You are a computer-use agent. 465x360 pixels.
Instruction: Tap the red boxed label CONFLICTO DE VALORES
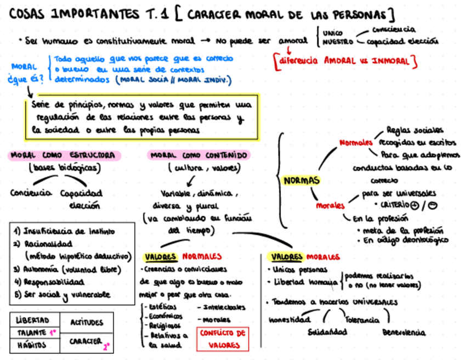(x=222, y=339)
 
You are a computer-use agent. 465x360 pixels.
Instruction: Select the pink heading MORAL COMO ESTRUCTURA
(x=65, y=155)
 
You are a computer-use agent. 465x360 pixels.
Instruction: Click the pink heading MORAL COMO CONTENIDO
(x=199, y=155)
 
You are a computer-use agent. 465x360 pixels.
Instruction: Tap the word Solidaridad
(x=327, y=332)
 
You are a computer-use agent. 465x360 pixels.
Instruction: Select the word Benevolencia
(x=404, y=332)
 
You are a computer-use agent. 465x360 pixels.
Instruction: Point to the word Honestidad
(x=290, y=319)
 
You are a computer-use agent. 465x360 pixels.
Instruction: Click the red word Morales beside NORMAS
(x=330, y=206)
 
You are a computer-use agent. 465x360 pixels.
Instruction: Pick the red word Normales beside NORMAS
(x=356, y=143)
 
